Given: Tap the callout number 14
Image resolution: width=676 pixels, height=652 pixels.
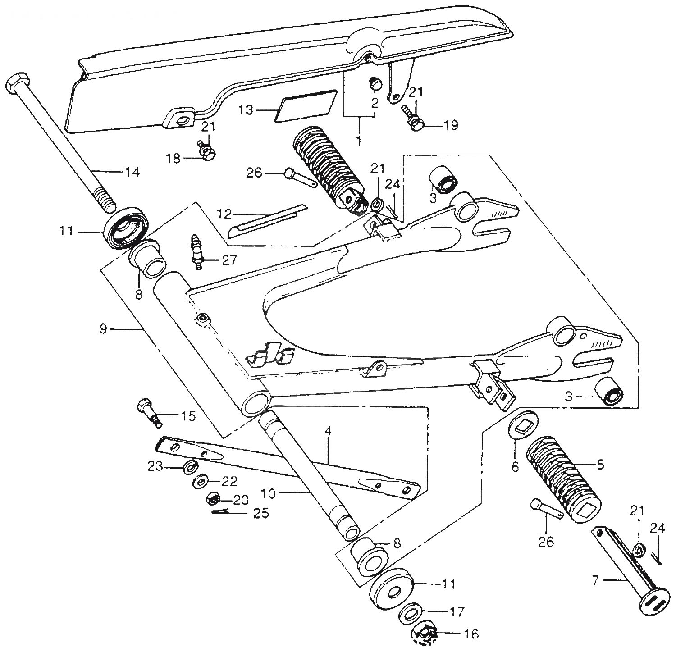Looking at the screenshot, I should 133,172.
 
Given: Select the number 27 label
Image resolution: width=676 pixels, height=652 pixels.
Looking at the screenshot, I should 228,260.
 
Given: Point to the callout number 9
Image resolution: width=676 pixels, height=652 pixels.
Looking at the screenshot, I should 104,329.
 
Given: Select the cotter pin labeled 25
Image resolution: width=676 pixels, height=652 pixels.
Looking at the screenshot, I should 225,513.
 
